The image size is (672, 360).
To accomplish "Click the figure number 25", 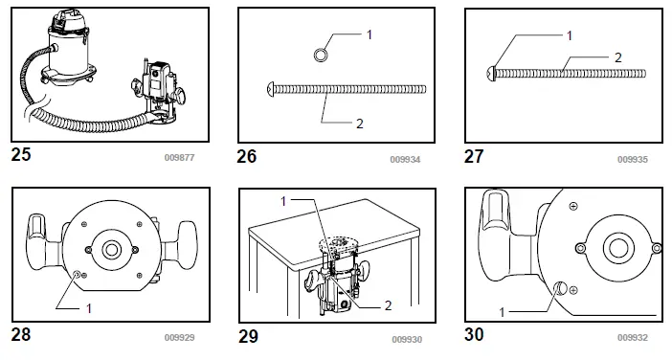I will [x=20, y=153].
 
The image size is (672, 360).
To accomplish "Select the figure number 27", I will [x=475, y=153].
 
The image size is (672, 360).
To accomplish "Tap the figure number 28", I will [x=21, y=335].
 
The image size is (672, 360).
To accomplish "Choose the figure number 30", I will [x=476, y=335].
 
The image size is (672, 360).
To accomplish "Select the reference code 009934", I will [x=406, y=158].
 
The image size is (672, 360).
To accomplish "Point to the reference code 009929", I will [x=179, y=338].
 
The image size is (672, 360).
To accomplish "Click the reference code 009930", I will [x=406, y=339].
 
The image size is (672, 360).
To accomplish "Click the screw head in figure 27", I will [x=493, y=71].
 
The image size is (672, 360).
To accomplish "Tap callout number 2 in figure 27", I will [x=618, y=57].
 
